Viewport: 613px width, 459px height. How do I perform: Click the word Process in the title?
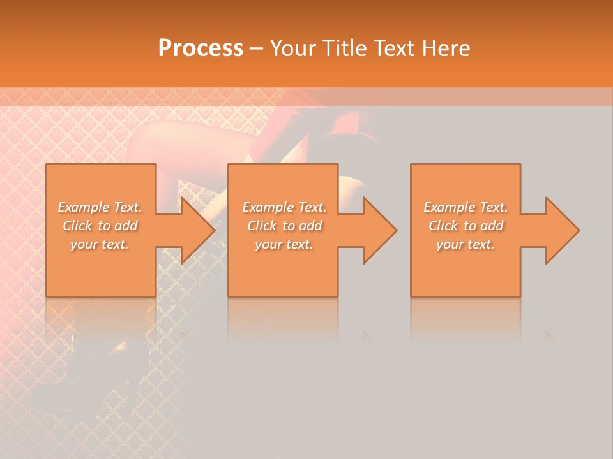pyautogui.click(x=201, y=48)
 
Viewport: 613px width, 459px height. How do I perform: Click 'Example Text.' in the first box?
pyautogui.click(x=100, y=207)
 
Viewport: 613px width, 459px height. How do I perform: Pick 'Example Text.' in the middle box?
pyautogui.click(x=284, y=207)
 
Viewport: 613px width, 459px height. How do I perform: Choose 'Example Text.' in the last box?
pyautogui.click(x=465, y=207)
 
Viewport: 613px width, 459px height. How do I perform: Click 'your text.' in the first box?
pyautogui.click(x=100, y=244)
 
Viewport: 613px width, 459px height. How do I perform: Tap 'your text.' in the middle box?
pyautogui.click(x=284, y=244)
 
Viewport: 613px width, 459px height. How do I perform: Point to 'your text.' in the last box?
pyautogui.click(x=465, y=244)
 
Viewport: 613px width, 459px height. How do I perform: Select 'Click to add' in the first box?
pyautogui.click(x=100, y=226)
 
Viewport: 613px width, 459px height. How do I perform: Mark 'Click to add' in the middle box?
pyautogui.click(x=284, y=226)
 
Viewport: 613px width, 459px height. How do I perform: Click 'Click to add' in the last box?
pyautogui.click(x=465, y=226)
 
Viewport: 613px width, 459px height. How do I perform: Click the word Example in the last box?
pyautogui.click(x=449, y=207)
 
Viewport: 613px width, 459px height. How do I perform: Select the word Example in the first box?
pyautogui.click(x=83, y=207)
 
